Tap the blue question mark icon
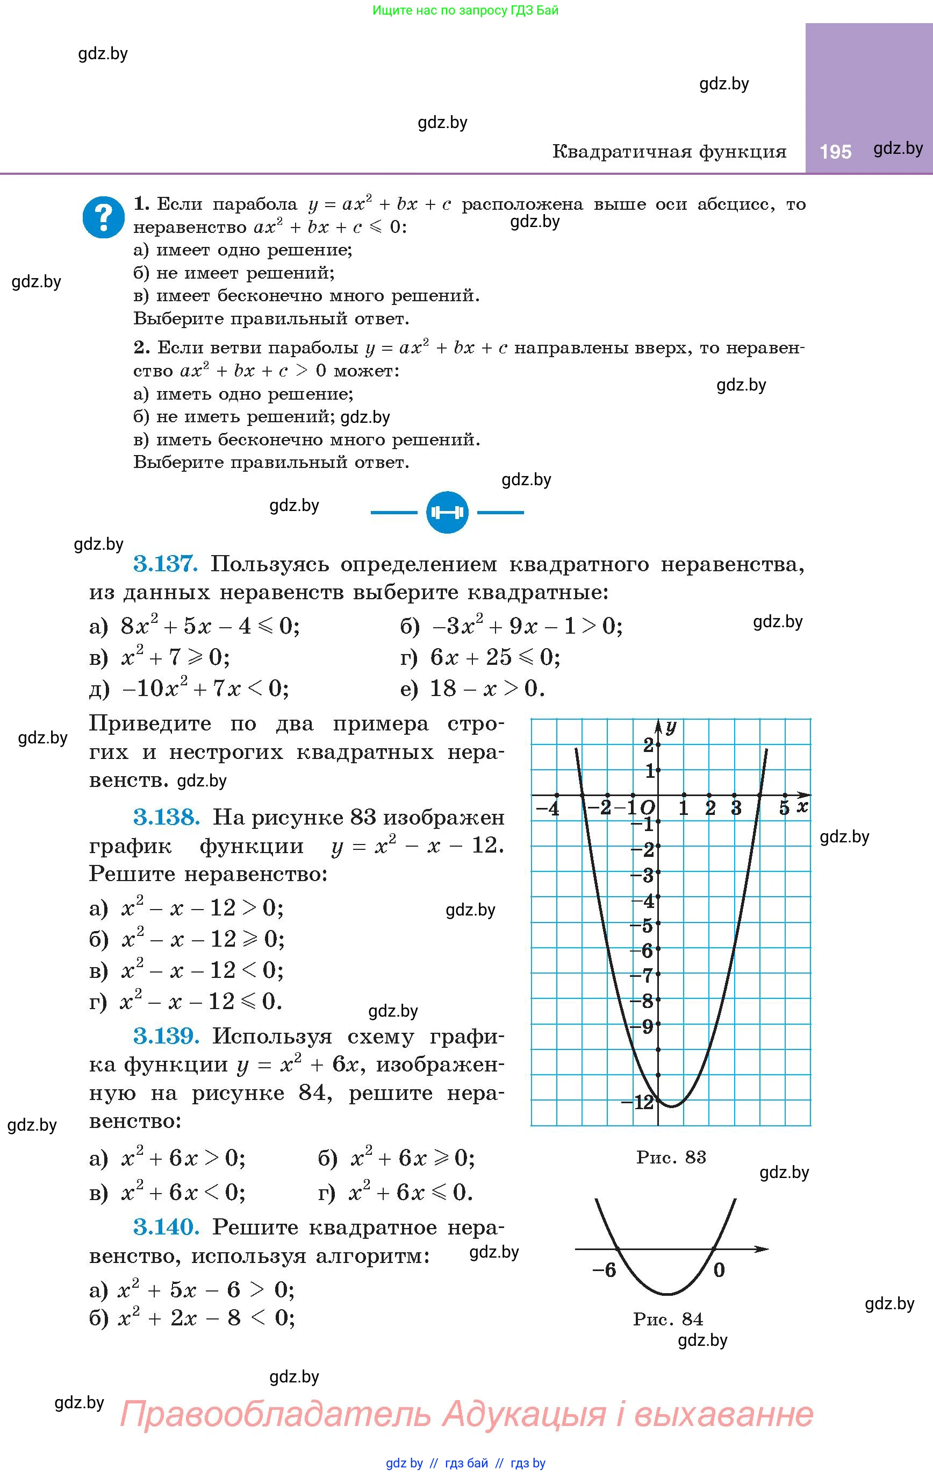104,217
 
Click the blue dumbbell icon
447,512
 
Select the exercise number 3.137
166,564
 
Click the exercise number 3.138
167,817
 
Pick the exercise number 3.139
167,1036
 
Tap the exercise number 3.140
167,1227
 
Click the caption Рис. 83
671,1157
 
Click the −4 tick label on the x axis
548,808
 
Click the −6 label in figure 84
604,1270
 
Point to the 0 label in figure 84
719,1270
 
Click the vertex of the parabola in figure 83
671,1106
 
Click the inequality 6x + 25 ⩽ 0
495,657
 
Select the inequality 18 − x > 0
487,689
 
